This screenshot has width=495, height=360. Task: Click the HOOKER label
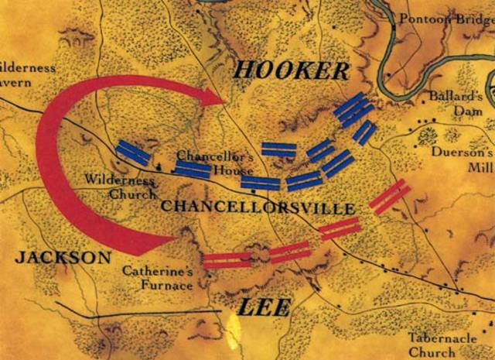(291, 70)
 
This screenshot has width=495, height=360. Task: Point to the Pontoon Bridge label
(446, 19)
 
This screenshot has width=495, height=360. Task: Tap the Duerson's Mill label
(466, 159)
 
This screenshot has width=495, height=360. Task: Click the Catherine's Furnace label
(157, 278)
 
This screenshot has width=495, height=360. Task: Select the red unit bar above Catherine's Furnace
(227, 259)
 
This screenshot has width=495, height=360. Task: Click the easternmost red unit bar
(390, 197)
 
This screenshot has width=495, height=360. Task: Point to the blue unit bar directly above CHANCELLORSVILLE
(260, 183)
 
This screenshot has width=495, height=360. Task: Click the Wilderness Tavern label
(23, 74)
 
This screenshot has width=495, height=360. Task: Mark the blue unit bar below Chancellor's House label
(192, 169)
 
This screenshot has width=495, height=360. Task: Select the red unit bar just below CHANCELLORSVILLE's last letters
(340, 228)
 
